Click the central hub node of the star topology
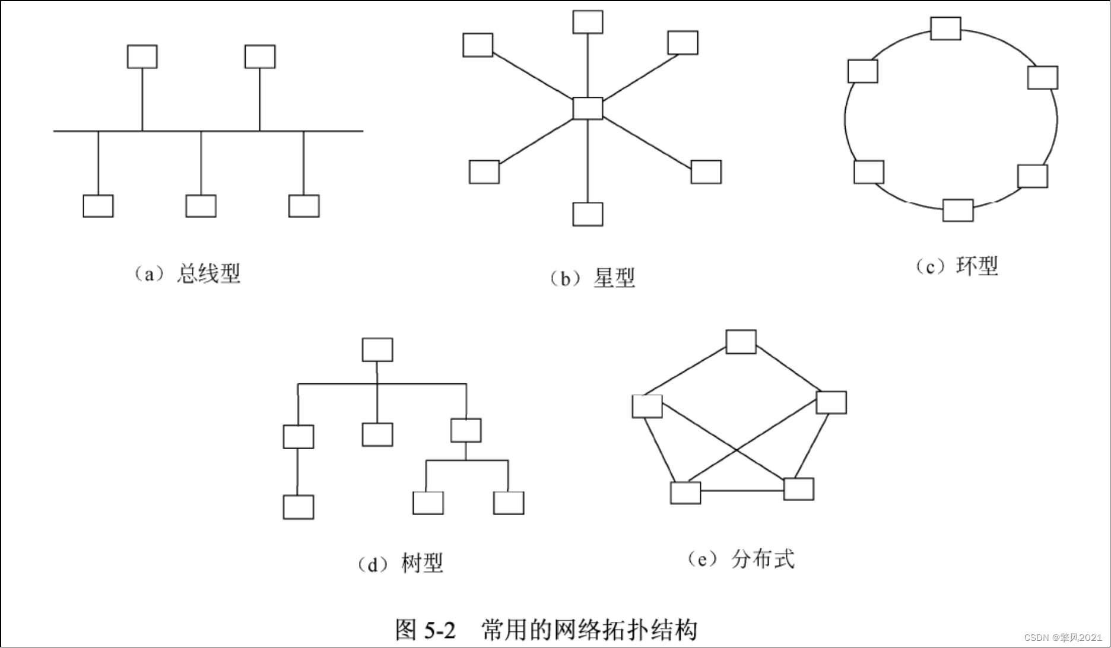(x=588, y=109)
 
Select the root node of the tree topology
(x=377, y=350)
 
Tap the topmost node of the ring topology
(x=945, y=28)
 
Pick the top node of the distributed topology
(x=741, y=342)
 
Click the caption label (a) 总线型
(x=187, y=274)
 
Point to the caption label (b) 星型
(x=592, y=278)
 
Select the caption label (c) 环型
(x=956, y=266)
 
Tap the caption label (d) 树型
(x=400, y=563)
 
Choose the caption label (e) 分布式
(x=741, y=559)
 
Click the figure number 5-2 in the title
(x=440, y=630)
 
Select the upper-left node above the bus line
(x=142, y=56)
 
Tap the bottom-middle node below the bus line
(x=201, y=205)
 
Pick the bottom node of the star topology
(x=588, y=214)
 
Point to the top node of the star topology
(x=588, y=22)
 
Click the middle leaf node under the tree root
(x=377, y=434)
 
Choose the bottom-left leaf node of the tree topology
(x=298, y=507)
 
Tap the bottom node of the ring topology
(x=958, y=210)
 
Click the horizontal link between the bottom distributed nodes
(x=742, y=491)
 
